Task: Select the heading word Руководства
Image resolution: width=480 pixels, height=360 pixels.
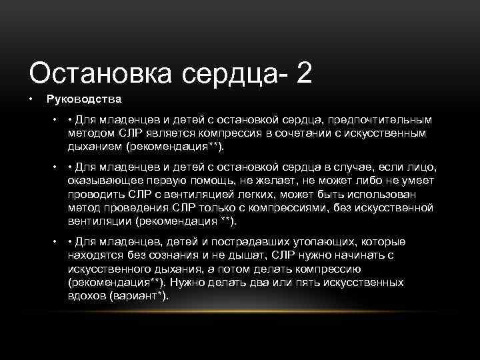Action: pos(83,99)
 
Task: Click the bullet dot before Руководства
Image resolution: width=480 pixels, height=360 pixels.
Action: pos(31,99)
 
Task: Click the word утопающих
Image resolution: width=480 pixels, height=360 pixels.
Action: pos(323,242)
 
